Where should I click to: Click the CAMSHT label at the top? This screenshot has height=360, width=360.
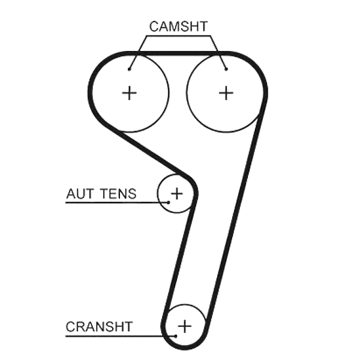click(x=178, y=26)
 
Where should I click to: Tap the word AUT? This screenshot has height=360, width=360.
click(x=80, y=194)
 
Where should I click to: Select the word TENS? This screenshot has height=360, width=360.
click(x=118, y=194)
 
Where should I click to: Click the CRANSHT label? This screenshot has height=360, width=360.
click(x=99, y=326)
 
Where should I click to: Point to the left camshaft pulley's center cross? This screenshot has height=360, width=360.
click(x=129, y=93)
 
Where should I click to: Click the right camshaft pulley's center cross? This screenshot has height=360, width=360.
click(x=226, y=93)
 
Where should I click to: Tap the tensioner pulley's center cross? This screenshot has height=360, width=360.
click(x=177, y=193)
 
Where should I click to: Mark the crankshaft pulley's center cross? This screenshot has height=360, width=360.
click(x=185, y=326)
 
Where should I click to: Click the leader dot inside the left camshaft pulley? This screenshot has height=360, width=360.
click(x=129, y=69)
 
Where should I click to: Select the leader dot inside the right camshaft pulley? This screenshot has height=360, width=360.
click(x=226, y=69)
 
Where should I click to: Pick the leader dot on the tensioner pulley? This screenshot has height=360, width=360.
click(x=169, y=202)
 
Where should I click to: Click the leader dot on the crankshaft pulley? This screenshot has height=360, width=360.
click(x=176, y=336)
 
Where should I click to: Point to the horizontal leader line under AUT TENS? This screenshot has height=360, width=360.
click(x=117, y=203)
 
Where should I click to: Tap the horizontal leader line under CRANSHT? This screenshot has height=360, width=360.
click(x=121, y=336)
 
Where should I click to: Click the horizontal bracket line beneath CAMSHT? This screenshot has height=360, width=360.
click(x=178, y=36)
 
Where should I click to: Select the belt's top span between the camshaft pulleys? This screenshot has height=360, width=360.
click(x=178, y=53)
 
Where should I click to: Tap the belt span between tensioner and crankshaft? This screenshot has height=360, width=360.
click(x=179, y=259)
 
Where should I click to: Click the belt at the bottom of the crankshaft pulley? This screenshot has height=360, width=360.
click(x=185, y=347)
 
